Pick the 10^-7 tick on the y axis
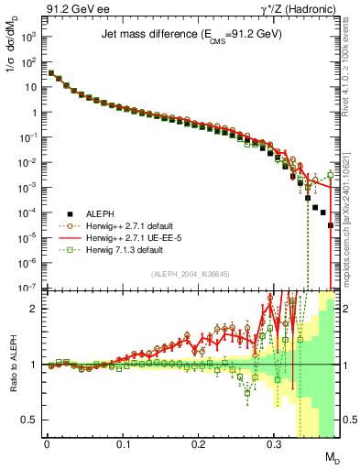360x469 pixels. tap(28, 287)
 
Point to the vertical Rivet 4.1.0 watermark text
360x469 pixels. tap(350, 73)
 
